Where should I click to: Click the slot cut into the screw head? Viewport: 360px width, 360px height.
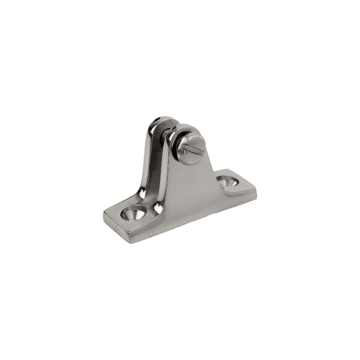(192, 150)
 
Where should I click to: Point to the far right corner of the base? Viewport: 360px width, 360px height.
(256, 191)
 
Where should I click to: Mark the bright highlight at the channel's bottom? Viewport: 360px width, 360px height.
(157, 207)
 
